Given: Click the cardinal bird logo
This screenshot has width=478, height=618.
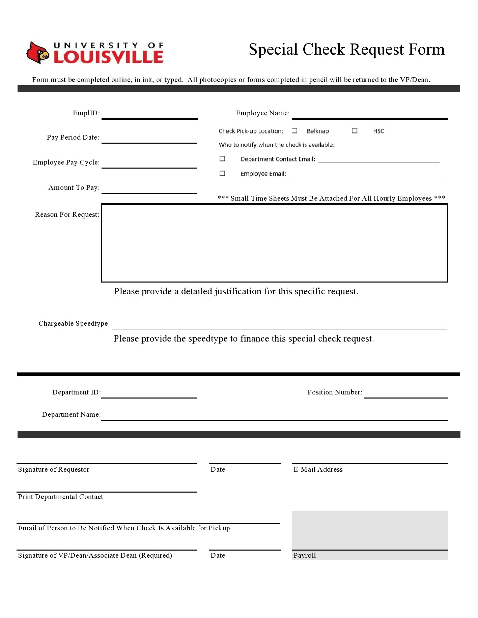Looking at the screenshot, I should [37, 53].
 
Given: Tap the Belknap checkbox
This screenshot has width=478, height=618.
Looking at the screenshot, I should [294, 130].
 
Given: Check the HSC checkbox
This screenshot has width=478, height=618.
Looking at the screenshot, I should [354, 130].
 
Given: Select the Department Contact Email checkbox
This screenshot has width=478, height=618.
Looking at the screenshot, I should [222, 158].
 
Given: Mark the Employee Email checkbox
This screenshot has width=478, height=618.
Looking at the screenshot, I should [222, 173].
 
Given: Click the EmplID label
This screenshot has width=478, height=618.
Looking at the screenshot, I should [86, 113].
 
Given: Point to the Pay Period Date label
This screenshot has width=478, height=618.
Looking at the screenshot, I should [73, 137].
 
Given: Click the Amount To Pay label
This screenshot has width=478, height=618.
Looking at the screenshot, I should [74, 187].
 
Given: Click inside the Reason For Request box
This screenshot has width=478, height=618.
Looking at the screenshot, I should [274, 243].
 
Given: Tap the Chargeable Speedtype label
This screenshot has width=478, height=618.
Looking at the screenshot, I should [74, 323].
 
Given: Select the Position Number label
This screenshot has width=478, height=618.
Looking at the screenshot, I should [334, 392].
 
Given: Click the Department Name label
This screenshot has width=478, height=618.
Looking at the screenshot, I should [71, 414].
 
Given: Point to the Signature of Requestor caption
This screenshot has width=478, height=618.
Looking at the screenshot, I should [54, 469].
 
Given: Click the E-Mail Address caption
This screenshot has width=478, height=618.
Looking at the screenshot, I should [318, 469].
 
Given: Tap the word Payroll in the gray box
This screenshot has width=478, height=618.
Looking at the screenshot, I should [304, 555].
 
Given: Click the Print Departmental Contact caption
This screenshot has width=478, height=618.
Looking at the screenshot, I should [60, 497].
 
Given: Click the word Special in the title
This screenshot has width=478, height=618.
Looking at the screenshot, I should [273, 50].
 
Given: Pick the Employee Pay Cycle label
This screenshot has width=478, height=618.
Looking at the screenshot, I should [66, 162].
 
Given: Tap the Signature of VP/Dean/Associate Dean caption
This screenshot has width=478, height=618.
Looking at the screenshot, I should [95, 555].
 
